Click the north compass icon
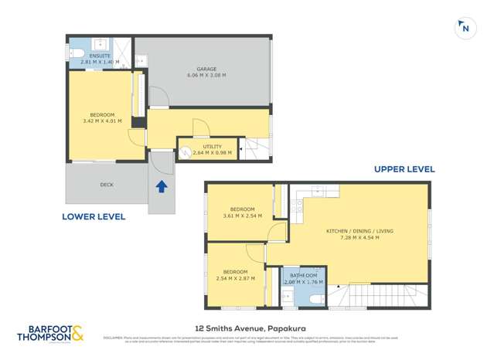[465, 28]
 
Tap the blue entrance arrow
[162, 186]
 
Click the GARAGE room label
[206, 70]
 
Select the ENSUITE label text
[100, 56]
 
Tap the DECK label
[107, 185]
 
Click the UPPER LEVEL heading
[404, 169]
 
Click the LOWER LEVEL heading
[94, 217]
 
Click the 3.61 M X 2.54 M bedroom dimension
[242, 216]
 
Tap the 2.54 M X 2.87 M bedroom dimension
[235, 278]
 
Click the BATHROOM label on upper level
[302, 276]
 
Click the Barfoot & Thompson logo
[51, 335]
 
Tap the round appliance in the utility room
[186, 153]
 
